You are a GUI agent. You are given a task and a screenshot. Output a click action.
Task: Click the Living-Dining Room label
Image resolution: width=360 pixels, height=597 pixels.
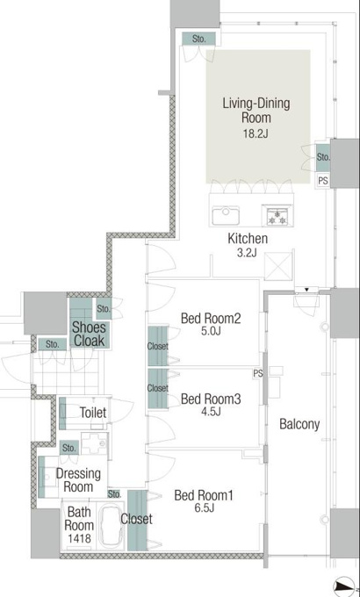click(256, 110)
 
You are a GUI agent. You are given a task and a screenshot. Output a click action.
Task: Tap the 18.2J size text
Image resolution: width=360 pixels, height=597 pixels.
click(256, 133)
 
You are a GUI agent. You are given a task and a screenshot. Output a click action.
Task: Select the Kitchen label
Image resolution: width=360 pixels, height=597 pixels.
click(248, 239)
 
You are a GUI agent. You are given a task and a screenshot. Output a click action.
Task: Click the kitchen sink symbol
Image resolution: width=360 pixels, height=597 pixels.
click(226, 215)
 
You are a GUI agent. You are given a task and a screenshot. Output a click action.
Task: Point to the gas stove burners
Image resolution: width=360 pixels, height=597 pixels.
click(277, 217)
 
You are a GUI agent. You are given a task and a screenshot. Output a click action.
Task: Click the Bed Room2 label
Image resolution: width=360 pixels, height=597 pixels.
click(211, 318)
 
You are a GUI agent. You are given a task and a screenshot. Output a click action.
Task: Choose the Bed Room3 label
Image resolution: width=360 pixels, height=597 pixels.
click(211, 399)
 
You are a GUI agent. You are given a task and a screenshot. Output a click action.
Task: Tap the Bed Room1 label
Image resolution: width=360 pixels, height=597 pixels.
click(204, 495)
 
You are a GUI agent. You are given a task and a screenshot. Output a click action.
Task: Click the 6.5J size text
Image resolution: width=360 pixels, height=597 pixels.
click(204, 507)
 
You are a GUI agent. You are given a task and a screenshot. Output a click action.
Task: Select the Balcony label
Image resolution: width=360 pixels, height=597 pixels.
click(299, 424)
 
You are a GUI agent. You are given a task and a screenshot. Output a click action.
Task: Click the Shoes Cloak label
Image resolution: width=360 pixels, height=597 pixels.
click(89, 334)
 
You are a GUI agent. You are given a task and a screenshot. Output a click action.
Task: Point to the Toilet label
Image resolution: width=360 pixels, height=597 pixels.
click(92, 413)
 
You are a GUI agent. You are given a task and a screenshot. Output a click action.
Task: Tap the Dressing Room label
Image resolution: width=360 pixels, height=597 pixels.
click(78, 480)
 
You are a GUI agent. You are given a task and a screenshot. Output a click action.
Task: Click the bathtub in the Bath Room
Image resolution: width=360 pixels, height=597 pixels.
click(111, 526)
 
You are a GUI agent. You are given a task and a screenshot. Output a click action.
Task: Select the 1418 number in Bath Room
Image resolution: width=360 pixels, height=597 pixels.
click(79, 538)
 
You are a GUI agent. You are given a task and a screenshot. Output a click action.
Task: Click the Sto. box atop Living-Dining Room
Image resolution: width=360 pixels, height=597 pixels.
click(198, 39)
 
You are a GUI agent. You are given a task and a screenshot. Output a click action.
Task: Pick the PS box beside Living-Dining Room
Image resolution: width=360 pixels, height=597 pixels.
click(322, 181)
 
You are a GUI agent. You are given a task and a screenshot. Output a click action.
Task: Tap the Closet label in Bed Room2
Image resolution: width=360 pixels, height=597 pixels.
click(158, 346)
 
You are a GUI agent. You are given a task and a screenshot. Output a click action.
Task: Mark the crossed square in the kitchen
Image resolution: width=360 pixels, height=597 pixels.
click(278, 266)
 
